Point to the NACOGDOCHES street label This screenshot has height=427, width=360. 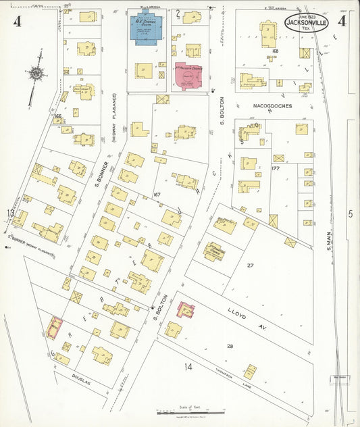(274, 106)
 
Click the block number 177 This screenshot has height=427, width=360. (275, 168)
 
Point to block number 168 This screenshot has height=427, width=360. (275, 51)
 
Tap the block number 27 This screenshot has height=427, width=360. (250, 266)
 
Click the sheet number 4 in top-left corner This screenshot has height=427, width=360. (17, 22)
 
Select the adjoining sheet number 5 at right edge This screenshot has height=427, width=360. (350, 214)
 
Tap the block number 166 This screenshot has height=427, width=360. (59, 116)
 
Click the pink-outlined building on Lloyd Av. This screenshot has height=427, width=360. (185, 310)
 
